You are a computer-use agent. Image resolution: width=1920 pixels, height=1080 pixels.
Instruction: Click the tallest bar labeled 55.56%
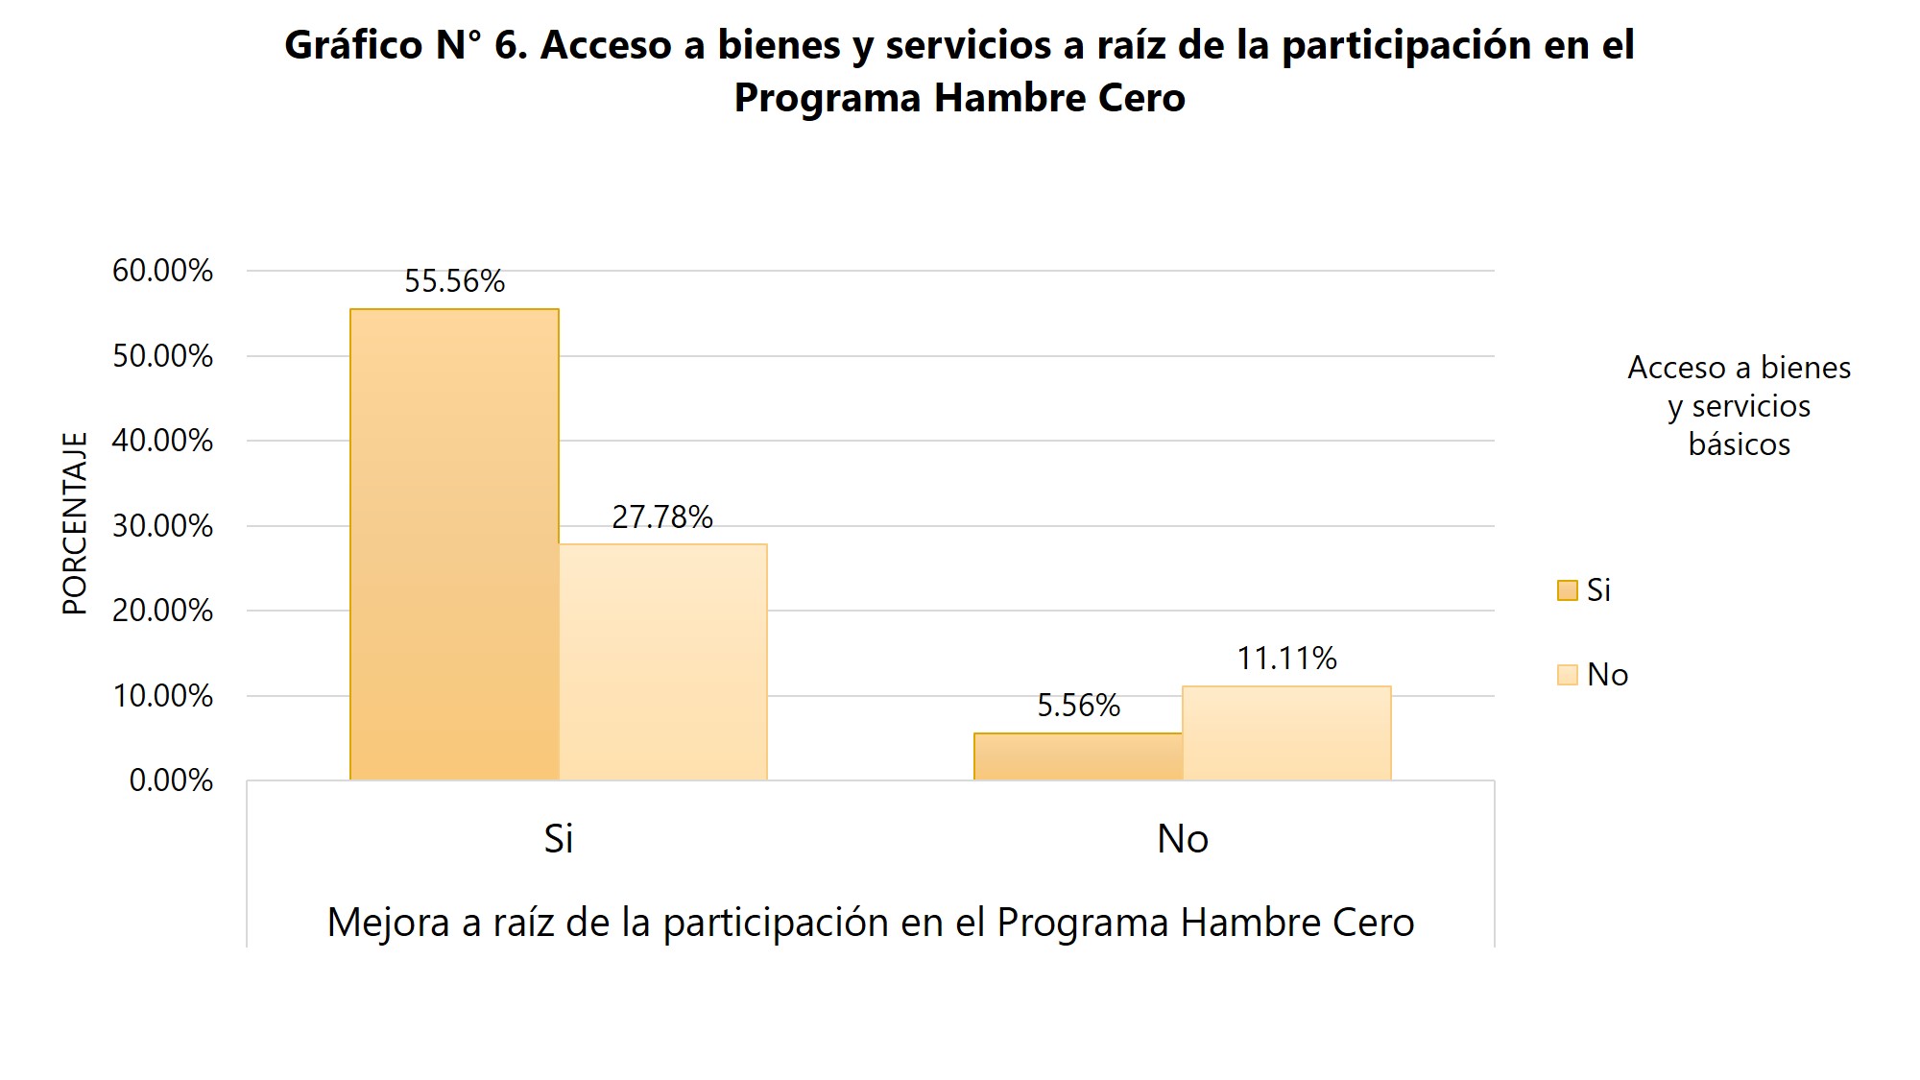[x=454, y=544]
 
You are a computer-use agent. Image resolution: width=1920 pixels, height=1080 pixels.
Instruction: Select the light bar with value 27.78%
[x=662, y=662]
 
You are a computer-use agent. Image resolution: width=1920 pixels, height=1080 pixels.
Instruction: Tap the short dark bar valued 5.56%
[x=1078, y=756]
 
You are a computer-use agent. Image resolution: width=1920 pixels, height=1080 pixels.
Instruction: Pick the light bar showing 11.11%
[x=1286, y=732]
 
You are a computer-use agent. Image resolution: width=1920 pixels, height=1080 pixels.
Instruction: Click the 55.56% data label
[x=454, y=281]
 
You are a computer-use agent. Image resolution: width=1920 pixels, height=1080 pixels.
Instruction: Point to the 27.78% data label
[x=662, y=517]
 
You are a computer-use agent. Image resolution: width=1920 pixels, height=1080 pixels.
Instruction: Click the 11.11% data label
[x=1286, y=659]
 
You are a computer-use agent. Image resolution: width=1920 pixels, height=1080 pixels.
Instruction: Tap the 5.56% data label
[x=1078, y=706]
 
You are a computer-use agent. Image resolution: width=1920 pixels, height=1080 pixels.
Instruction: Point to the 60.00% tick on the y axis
[x=162, y=271]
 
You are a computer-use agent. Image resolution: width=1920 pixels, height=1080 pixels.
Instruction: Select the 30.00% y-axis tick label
[x=162, y=526]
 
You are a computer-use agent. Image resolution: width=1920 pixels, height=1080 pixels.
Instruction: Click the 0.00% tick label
[x=171, y=780]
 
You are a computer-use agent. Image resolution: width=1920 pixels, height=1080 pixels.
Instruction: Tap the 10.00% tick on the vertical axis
[x=162, y=696]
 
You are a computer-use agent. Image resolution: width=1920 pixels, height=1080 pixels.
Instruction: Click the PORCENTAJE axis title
[x=75, y=523]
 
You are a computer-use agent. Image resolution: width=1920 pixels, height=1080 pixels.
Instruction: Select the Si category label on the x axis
[x=558, y=839]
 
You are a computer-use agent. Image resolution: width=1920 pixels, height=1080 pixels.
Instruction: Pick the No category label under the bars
[x=1182, y=839]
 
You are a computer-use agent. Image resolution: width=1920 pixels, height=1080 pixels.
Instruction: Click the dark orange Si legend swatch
[x=1567, y=590]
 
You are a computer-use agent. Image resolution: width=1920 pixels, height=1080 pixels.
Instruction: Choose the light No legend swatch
[x=1567, y=675]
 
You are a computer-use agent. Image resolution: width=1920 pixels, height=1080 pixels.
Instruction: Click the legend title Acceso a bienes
[x=1739, y=368]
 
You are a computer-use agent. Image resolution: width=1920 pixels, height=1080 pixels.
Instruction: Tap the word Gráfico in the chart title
[x=353, y=45]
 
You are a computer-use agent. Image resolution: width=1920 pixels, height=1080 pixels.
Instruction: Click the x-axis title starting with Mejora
[x=870, y=923]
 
